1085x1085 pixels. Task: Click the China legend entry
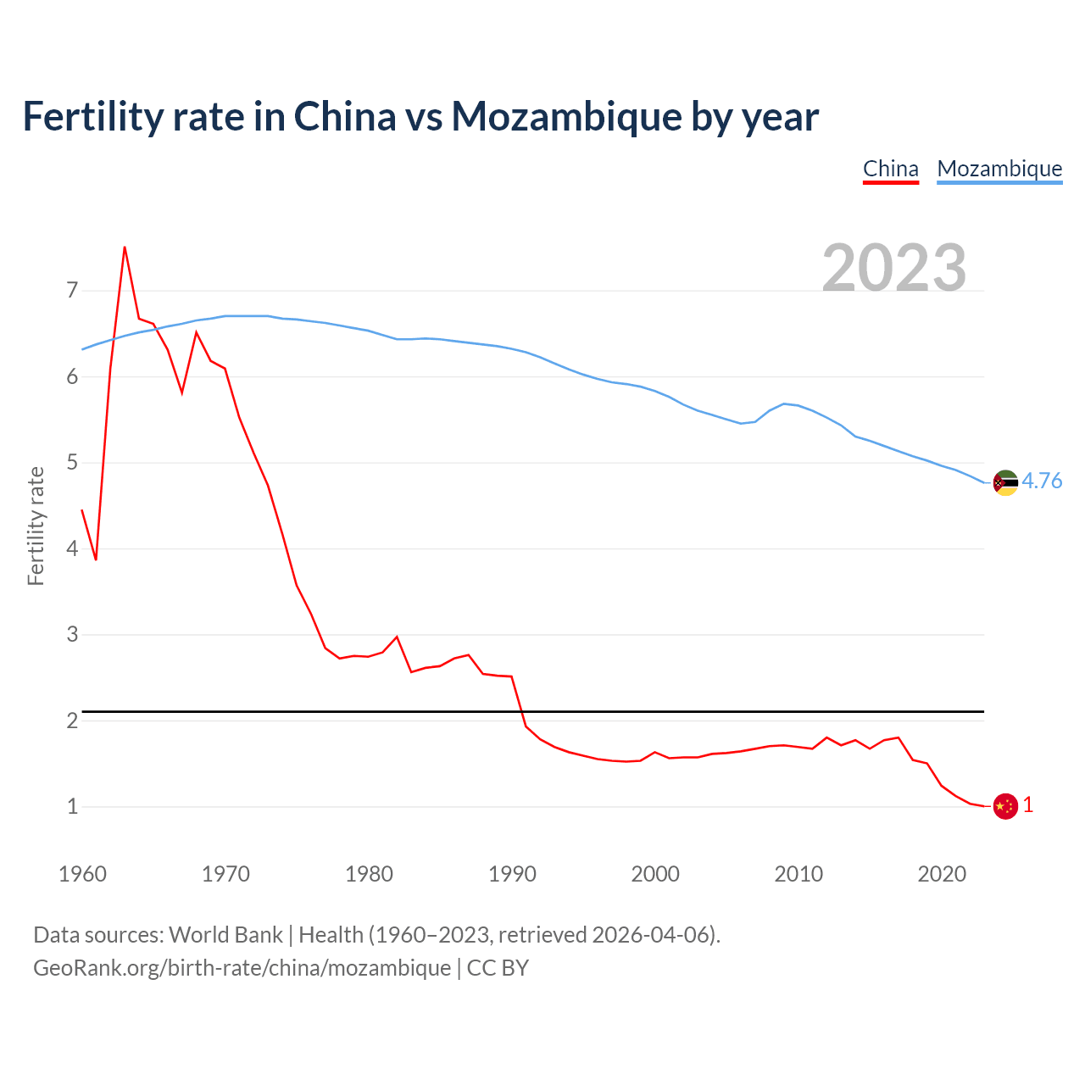pyautogui.click(x=890, y=169)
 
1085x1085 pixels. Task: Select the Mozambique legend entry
pyautogui.click(x=999, y=169)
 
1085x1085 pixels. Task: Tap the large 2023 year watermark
pyautogui.click(x=894, y=268)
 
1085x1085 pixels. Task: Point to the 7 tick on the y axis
pyautogui.click(x=72, y=291)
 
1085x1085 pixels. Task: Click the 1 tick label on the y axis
pyautogui.click(x=72, y=806)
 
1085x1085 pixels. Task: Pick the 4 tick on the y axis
pyautogui.click(x=72, y=548)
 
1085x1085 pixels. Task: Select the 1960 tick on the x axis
pyautogui.click(x=82, y=874)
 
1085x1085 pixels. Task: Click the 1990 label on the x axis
pyautogui.click(x=512, y=874)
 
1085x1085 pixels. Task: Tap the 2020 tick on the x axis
pyautogui.click(x=942, y=874)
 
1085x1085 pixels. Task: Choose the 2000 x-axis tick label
pyautogui.click(x=655, y=874)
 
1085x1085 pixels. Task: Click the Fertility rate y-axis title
pyautogui.click(x=36, y=526)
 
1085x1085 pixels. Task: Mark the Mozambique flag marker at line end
pyautogui.click(x=1005, y=482)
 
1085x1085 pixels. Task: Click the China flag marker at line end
pyautogui.click(x=1005, y=806)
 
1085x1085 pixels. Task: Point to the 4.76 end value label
pyautogui.click(x=1042, y=481)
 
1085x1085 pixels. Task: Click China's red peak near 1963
pyautogui.click(x=125, y=248)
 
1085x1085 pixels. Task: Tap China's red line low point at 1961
pyautogui.click(x=96, y=559)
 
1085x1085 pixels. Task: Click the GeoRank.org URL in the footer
pyautogui.click(x=242, y=968)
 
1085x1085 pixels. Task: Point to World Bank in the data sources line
pyautogui.click(x=225, y=935)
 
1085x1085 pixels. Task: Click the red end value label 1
pyautogui.click(x=1028, y=805)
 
